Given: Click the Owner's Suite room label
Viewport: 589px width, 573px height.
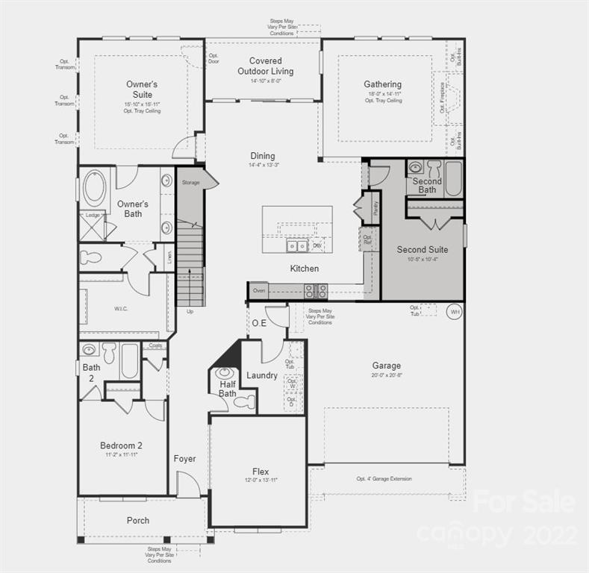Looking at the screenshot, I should click(x=142, y=90).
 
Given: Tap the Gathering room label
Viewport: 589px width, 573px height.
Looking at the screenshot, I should click(x=383, y=84).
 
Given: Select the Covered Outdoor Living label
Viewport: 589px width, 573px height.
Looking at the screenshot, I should click(x=266, y=66).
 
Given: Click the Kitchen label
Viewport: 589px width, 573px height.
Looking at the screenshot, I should click(x=305, y=268).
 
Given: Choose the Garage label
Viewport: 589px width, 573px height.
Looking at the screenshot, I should click(x=387, y=366).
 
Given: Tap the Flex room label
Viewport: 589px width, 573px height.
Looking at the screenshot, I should click(x=261, y=472).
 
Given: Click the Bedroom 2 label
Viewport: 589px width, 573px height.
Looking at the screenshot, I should click(x=122, y=445).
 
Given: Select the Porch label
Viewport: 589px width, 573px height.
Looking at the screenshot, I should click(x=138, y=520).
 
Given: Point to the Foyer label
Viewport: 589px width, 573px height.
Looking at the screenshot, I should click(x=184, y=459).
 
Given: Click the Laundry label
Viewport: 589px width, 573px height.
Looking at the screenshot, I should click(x=262, y=375).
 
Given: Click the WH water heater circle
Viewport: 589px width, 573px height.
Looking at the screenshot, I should click(x=454, y=312).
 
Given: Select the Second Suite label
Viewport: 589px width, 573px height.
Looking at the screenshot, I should click(x=423, y=249).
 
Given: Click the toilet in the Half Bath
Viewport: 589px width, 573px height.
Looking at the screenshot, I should click(x=244, y=402).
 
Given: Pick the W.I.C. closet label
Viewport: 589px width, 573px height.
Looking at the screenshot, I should click(x=122, y=308).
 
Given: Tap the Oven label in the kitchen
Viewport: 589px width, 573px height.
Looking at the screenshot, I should click(x=259, y=290).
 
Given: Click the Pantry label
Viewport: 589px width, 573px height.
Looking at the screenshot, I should click(x=375, y=207).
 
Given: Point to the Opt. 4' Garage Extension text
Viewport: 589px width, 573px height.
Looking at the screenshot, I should click(x=384, y=478).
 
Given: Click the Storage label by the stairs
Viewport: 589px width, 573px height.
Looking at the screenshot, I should click(x=190, y=182).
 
